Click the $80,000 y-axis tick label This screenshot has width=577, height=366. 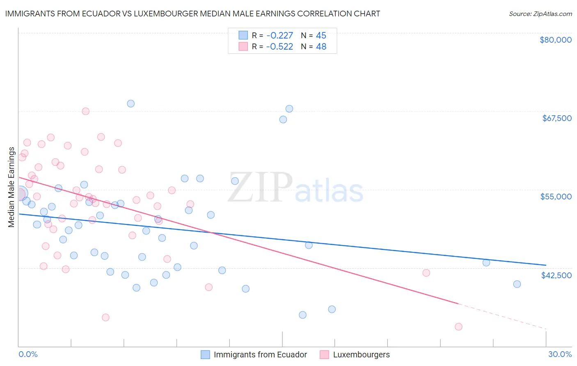click(555, 40)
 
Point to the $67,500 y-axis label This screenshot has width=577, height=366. click(556, 118)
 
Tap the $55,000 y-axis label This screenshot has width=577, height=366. click(556, 197)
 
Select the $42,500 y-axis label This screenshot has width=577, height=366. click(556, 275)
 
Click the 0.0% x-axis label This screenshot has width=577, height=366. click(28, 354)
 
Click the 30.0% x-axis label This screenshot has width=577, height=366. click(560, 354)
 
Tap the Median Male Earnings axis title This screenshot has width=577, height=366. click(11, 187)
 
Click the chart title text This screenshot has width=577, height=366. click(192, 14)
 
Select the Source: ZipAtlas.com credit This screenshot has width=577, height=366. click(540, 14)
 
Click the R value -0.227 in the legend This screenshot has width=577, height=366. click(279, 36)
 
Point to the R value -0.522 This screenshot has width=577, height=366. click(279, 47)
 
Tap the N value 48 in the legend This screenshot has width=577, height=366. click(321, 47)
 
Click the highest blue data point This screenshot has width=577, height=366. click(131, 103)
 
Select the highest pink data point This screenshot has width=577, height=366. click(85, 111)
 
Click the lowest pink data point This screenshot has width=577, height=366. click(458, 327)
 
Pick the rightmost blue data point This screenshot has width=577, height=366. click(517, 284)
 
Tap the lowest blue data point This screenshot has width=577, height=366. click(302, 315)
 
